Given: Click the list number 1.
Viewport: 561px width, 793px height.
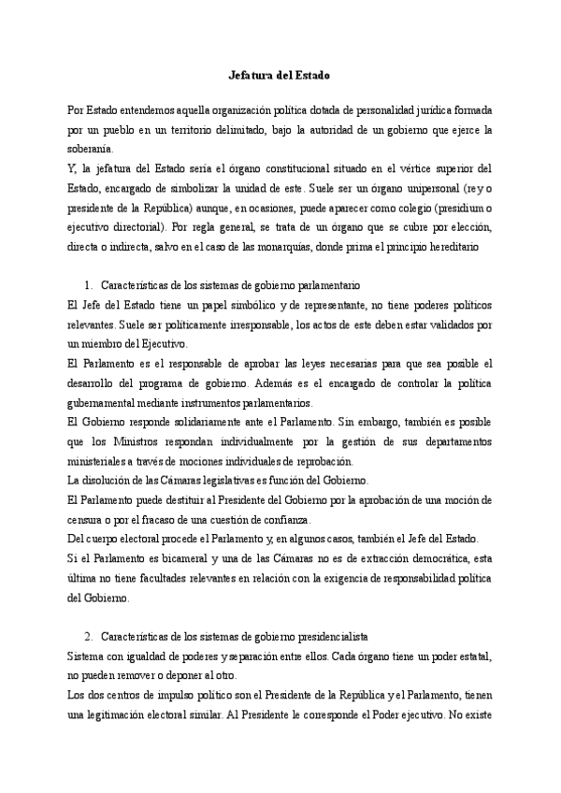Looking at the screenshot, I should pyautogui.click(x=87, y=285).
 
